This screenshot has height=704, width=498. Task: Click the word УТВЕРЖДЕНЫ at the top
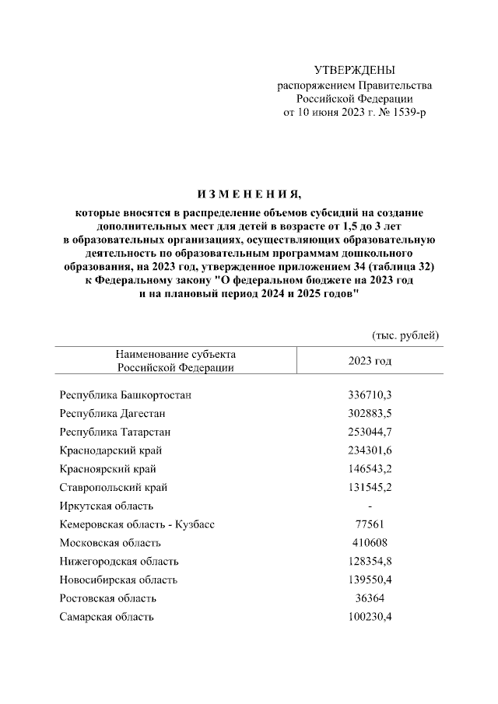(354, 71)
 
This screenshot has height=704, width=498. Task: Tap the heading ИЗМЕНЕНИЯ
(248, 193)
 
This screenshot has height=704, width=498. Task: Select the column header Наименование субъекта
(176, 354)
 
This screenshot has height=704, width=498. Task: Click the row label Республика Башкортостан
(125, 395)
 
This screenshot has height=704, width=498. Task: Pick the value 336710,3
(370, 395)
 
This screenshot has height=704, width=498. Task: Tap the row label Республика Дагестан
(112, 413)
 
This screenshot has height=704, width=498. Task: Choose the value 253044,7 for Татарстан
(370, 432)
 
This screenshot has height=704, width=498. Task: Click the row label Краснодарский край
(110, 450)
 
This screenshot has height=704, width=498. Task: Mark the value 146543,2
(370, 469)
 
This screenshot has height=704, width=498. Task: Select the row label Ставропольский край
(113, 488)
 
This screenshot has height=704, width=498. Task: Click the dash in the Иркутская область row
(370, 506)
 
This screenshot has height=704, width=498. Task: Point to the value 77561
(370, 525)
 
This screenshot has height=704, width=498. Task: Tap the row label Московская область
(110, 543)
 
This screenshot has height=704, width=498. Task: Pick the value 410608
(370, 543)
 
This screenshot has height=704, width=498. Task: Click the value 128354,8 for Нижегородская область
(370, 562)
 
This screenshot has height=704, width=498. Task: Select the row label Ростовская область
(108, 598)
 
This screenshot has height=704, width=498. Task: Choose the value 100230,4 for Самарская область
(370, 617)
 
